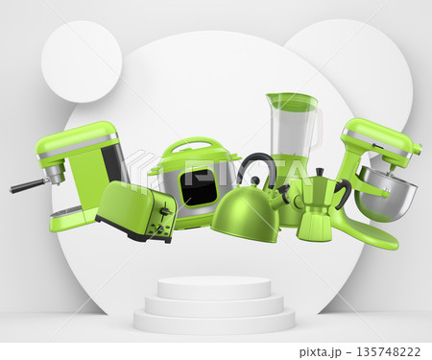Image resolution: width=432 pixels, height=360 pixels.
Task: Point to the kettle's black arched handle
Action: pyautogui.click(x=255, y=165)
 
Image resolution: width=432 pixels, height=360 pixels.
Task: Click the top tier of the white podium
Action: pyautogui.click(x=214, y=286)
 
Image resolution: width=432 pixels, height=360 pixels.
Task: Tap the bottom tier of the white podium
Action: pyautogui.click(x=214, y=322)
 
